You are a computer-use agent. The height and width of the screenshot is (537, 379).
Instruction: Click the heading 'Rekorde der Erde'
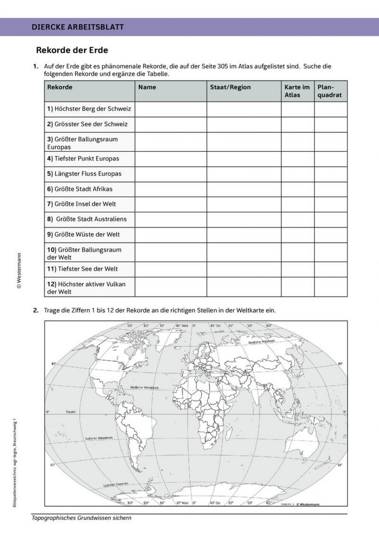pos(72,50)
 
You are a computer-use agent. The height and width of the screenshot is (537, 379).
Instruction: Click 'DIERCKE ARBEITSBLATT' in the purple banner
pos(78,27)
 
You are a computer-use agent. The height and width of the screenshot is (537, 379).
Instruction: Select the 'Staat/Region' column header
pos(230,87)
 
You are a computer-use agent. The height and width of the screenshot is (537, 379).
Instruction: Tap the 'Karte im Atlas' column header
pos(297,91)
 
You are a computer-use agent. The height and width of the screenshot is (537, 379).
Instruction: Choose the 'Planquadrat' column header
pos(330,91)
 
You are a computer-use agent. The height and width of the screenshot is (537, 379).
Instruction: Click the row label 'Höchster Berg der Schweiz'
pos(89,109)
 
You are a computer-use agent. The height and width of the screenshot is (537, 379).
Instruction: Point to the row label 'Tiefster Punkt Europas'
pos(83,159)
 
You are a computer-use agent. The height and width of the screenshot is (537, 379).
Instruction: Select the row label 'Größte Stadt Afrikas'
pos(80,189)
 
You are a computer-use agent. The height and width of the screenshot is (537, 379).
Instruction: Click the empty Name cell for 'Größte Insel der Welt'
pos(171,204)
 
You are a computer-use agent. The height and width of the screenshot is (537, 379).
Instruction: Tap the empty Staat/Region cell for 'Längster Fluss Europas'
pos(244,174)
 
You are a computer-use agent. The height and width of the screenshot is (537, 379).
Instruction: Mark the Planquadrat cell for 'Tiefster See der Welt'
pos(330,269)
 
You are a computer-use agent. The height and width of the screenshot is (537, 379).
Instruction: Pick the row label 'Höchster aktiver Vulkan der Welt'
pos(86,288)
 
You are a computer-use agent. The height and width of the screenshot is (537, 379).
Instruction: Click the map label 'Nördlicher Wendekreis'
pos(144,388)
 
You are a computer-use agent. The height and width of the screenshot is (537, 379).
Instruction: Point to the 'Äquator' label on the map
pos(71,411)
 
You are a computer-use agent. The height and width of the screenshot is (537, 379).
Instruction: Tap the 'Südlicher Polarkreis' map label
pos(116,485)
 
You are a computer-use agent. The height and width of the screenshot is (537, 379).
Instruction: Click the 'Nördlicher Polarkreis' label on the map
pos(262,342)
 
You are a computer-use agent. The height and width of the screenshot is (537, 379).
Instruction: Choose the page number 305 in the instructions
pos(223,66)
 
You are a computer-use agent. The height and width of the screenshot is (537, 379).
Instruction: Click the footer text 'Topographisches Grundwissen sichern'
pos(81,518)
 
